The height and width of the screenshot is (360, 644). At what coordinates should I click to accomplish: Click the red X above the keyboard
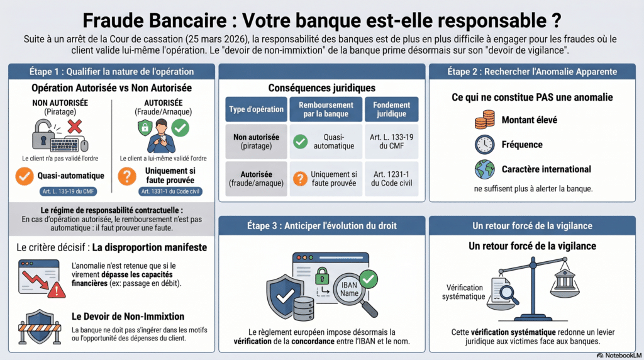pyautogui.click(x=74, y=127)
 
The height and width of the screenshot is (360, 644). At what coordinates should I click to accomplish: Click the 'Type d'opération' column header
pyautogui.click(x=256, y=110)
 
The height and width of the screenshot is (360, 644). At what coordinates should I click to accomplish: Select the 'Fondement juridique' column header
pyautogui.click(x=392, y=110)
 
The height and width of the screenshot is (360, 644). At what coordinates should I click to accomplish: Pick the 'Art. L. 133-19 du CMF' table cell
pyautogui.click(x=392, y=141)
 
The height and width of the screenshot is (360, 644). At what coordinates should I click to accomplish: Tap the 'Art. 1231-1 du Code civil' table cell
pyautogui.click(x=392, y=179)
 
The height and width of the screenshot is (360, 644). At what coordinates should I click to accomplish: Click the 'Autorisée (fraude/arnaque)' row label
pyautogui.click(x=256, y=179)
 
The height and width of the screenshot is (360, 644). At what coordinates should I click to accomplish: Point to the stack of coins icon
pyautogui.click(x=484, y=120)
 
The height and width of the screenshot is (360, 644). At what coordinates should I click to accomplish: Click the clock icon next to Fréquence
pyautogui.click(x=484, y=144)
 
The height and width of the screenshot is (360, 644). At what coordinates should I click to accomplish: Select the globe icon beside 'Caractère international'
pyautogui.click(x=484, y=169)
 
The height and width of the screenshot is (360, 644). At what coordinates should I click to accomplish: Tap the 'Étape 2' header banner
pyautogui.click(x=531, y=72)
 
